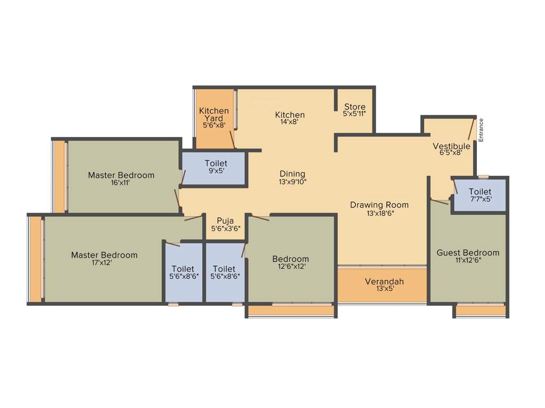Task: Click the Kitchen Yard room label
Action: (214, 114)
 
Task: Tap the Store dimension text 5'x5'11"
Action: (354, 114)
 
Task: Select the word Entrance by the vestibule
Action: (481, 129)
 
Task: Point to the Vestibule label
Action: (451, 146)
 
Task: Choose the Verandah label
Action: (384, 281)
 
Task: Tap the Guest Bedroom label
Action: (468, 252)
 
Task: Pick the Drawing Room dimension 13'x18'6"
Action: (379, 213)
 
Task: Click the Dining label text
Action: (293, 174)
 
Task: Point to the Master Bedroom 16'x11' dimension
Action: (121, 183)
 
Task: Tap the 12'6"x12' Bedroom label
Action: (291, 259)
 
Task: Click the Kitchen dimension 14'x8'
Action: (290, 122)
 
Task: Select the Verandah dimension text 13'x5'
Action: (384, 290)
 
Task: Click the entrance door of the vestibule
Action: (470, 129)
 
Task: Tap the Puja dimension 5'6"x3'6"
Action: (226, 229)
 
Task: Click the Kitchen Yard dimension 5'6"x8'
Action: (214, 125)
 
